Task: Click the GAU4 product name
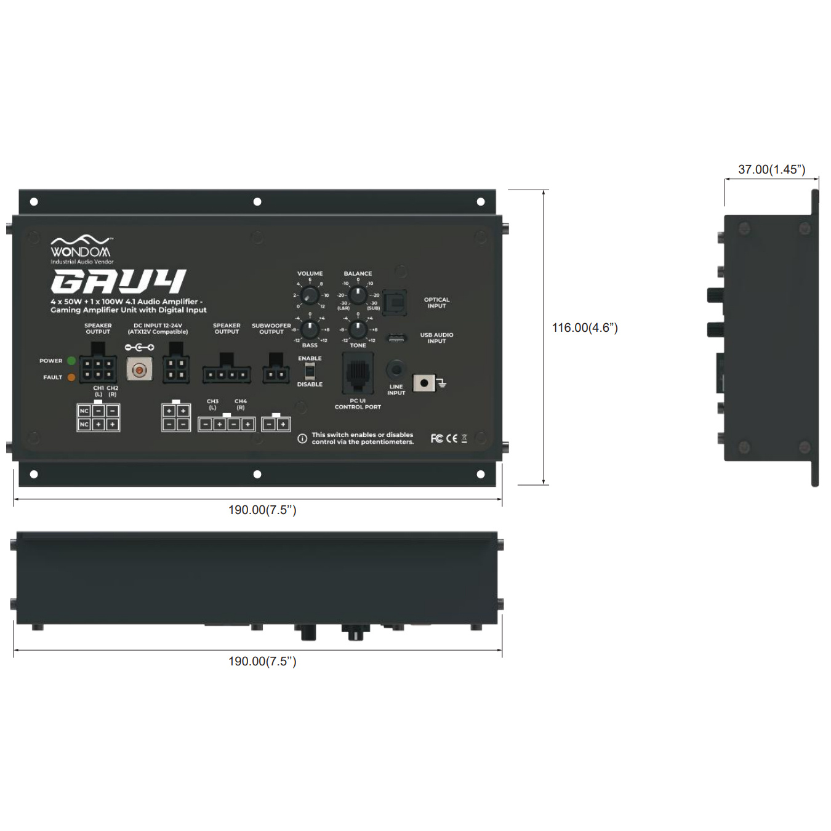click(x=118, y=281)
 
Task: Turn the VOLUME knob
click(x=310, y=295)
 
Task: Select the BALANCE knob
click(x=358, y=295)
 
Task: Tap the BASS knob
click(x=310, y=329)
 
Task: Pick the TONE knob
click(x=358, y=329)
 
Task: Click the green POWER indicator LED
click(x=71, y=361)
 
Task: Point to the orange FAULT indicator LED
click(x=71, y=377)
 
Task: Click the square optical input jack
click(x=394, y=302)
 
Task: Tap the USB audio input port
click(x=396, y=339)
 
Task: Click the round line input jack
click(x=396, y=371)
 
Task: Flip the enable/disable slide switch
click(x=310, y=371)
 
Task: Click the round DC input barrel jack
click(x=140, y=369)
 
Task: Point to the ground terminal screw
click(x=424, y=383)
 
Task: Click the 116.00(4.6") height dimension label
click(x=584, y=328)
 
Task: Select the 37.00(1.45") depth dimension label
click(x=771, y=169)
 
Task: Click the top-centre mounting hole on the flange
click(x=257, y=202)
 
